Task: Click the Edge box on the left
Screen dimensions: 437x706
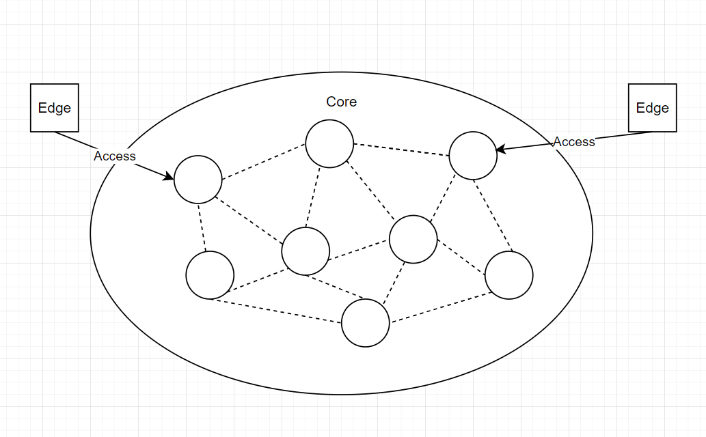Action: click(x=55, y=108)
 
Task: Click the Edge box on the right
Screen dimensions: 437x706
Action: click(x=652, y=108)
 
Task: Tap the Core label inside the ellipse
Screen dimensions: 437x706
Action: click(x=341, y=102)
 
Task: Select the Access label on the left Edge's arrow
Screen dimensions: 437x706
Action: click(x=115, y=156)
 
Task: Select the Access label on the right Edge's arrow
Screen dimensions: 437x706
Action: click(x=574, y=141)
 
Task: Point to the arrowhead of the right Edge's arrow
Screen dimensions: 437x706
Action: click(x=500, y=149)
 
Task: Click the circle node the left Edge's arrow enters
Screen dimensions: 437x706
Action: click(x=198, y=180)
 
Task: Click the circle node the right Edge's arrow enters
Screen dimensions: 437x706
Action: click(x=473, y=156)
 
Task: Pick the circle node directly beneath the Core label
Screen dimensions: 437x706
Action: click(x=329, y=143)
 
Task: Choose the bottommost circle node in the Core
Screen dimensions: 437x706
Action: click(x=366, y=322)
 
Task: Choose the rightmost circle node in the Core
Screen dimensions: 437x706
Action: click(x=509, y=275)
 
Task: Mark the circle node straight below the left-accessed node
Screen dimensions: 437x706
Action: click(x=210, y=275)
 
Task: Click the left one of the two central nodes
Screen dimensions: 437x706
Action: click(x=306, y=251)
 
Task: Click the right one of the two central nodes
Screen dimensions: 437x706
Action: click(x=413, y=239)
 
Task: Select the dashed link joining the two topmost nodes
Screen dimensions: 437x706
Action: click(x=401, y=150)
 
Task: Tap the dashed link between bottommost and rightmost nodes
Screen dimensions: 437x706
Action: click(x=441, y=308)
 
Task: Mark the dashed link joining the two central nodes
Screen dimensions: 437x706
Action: click(x=359, y=251)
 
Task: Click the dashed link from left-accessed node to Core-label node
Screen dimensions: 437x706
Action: click(x=264, y=162)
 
